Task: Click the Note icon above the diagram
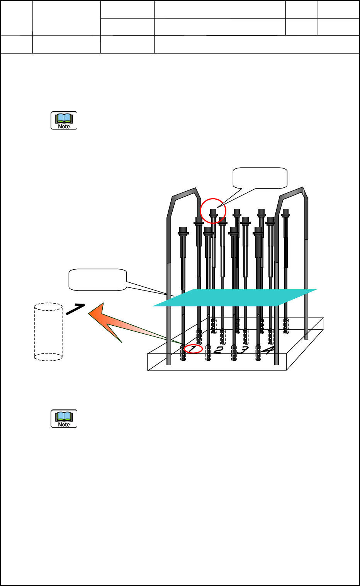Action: point(64,121)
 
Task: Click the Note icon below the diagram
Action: point(64,419)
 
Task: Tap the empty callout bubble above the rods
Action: point(260,178)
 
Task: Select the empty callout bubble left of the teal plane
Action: point(98,279)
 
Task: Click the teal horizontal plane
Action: point(234,297)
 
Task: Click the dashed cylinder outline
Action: point(48,332)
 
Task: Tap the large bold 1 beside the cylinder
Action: point(75,309)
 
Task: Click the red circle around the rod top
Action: point(213,211)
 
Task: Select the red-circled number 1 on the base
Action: point(193,349)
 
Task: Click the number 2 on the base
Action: point(218,350)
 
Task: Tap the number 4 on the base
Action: point(268,350)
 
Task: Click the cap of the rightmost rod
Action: point(285,212)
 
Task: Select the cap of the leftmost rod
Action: point(183,231)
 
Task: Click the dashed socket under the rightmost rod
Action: point(286,325)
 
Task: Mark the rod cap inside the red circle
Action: point(213,212)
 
